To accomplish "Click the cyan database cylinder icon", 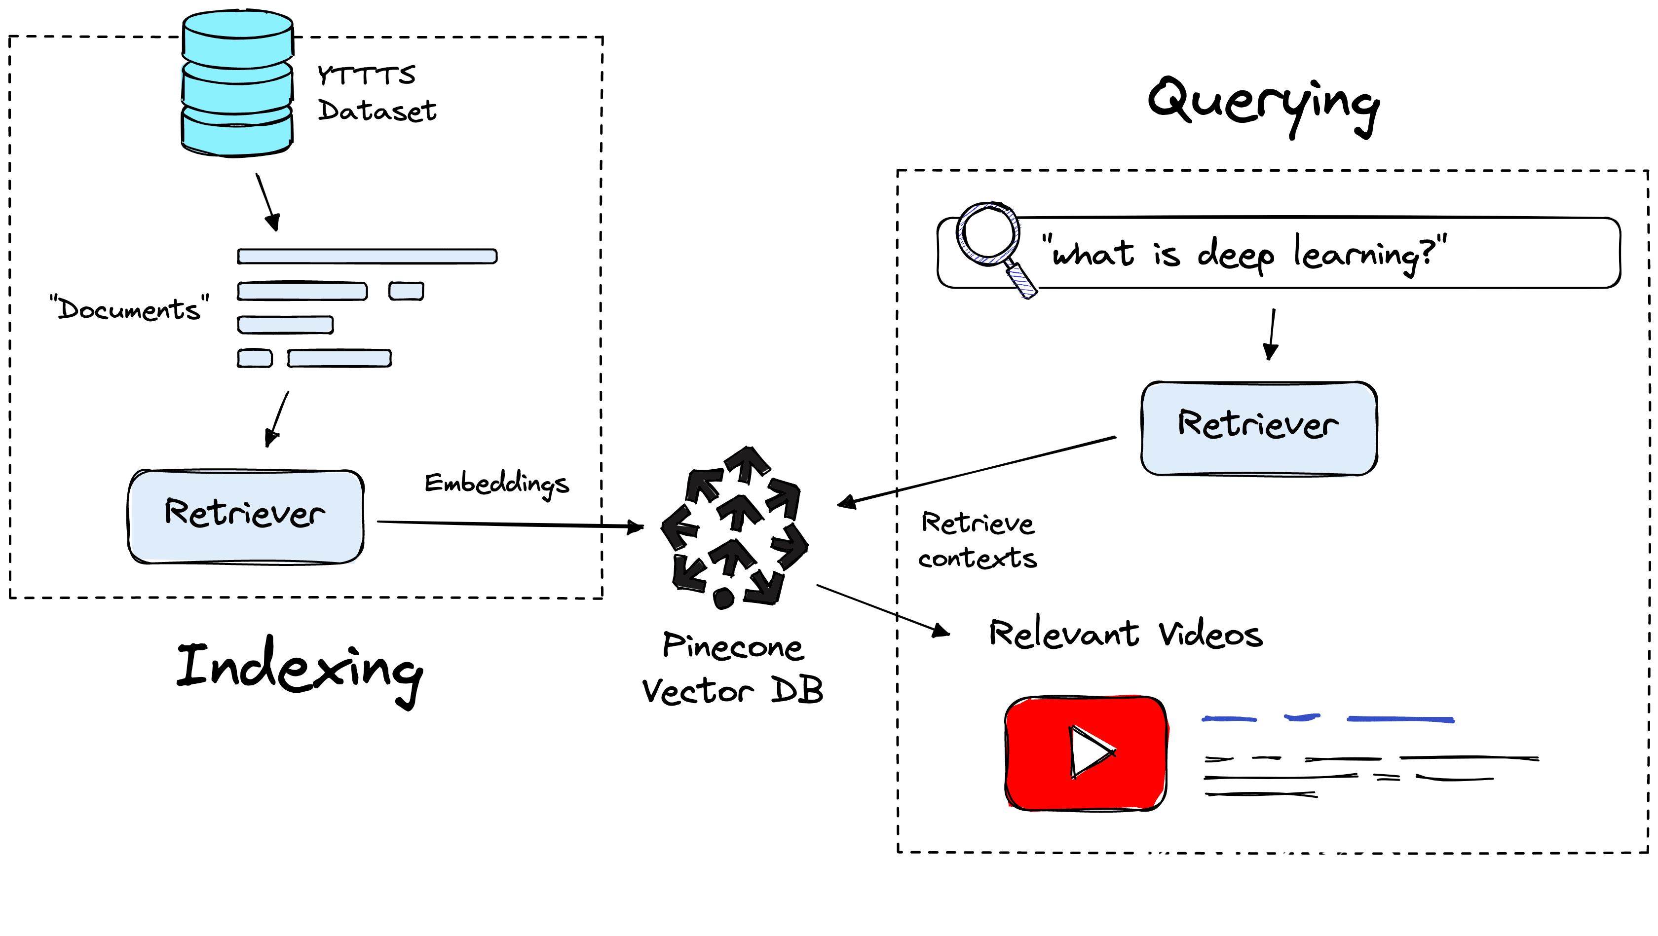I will (x=237, y=84).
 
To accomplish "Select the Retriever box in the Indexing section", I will (x=245, y=516).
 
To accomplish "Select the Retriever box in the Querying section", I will (x=1258, y=428).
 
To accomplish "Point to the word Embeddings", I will (x=496, y=484).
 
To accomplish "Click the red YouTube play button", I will (x=1086, y=752).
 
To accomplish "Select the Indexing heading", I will (x=300, y=670).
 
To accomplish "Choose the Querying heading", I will (x=1263, y=103).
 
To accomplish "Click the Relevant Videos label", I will (x=1125, y=634).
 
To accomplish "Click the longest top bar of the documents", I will (x=367, y=256).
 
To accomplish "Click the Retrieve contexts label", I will (x=977, y=541).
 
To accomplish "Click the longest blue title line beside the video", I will (x=1400, y=719).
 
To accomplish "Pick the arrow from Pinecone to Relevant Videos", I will (x=882, y=610).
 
